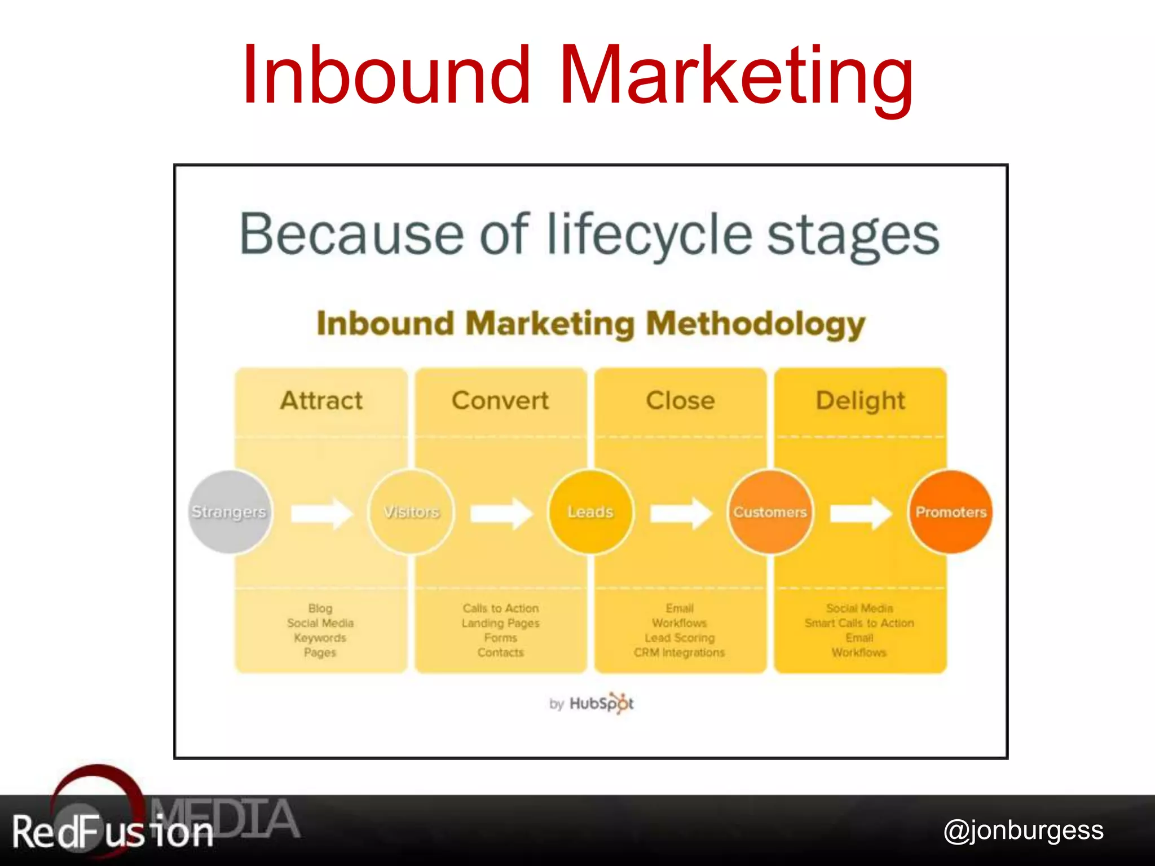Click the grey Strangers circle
click(230, 512)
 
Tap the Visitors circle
click(411, 512)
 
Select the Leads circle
click(590, 512)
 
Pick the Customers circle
click(770, 512)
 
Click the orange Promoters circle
click(951, 512)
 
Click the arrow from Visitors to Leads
click(501, 513)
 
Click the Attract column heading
click(321, 401)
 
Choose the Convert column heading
click(500, 401)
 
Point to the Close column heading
click(681, 401)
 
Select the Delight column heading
click(861, 401)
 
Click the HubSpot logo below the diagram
click(601, 703)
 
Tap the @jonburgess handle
click(1024, 830)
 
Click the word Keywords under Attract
click(320, 638)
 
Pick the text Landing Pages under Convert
click(501, 623)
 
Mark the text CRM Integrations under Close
click(680, 652)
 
